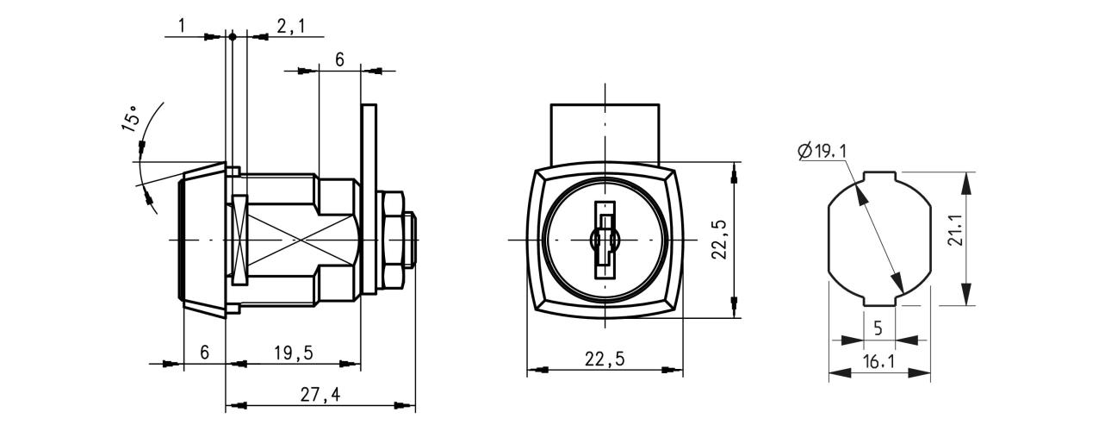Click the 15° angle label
tap(130, 119)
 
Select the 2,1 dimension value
tap(290, 26)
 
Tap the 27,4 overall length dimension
tap(320, 395)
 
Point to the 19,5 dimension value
tap(294, 353)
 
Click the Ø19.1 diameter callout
tap(822, 151)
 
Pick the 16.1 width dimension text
tap(879, 362)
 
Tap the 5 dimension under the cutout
tap(878, 328)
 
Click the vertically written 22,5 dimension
tap(719, 239)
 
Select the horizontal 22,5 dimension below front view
tap(605, 359)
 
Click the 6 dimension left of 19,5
tap(205, 352)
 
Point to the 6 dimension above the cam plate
tap(339, 59)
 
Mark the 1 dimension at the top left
tap(182, 26)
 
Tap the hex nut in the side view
tap(392, 240)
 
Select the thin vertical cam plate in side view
tap(369, 199)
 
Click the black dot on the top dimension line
tap(233, 36)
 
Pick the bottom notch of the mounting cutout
tap(879, 301)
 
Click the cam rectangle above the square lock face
tap(605, 134)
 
